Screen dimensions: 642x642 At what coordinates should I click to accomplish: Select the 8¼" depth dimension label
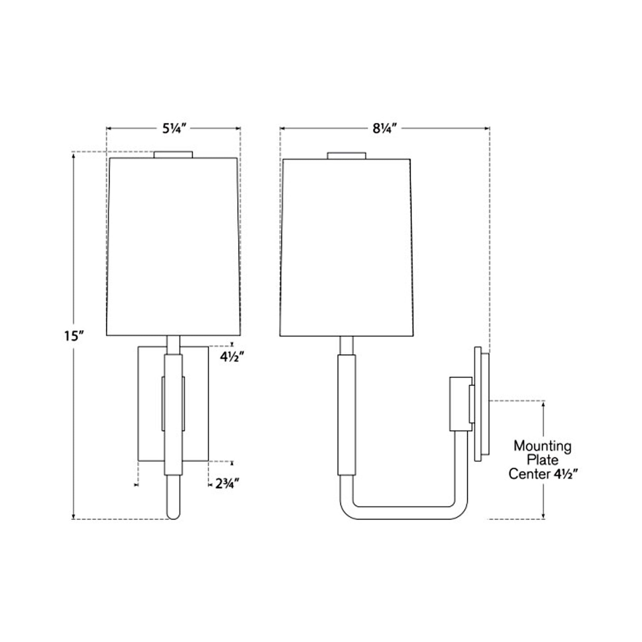[x=384, y=129]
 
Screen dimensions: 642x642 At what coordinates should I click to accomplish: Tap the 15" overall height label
[x=73, y=336]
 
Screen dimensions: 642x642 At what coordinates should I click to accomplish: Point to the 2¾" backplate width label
[x=227, y=484]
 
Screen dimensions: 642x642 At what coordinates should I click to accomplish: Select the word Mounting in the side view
[x=542, y=446]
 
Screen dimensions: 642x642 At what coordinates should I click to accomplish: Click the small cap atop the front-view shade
[x=173, y=154]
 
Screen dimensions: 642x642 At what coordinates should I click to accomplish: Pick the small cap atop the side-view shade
[x=346, y=155]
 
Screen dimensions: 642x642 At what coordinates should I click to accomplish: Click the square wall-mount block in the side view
[x=460, y=404]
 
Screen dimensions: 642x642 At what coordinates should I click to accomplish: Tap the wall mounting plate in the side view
[x=482, y=404]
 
